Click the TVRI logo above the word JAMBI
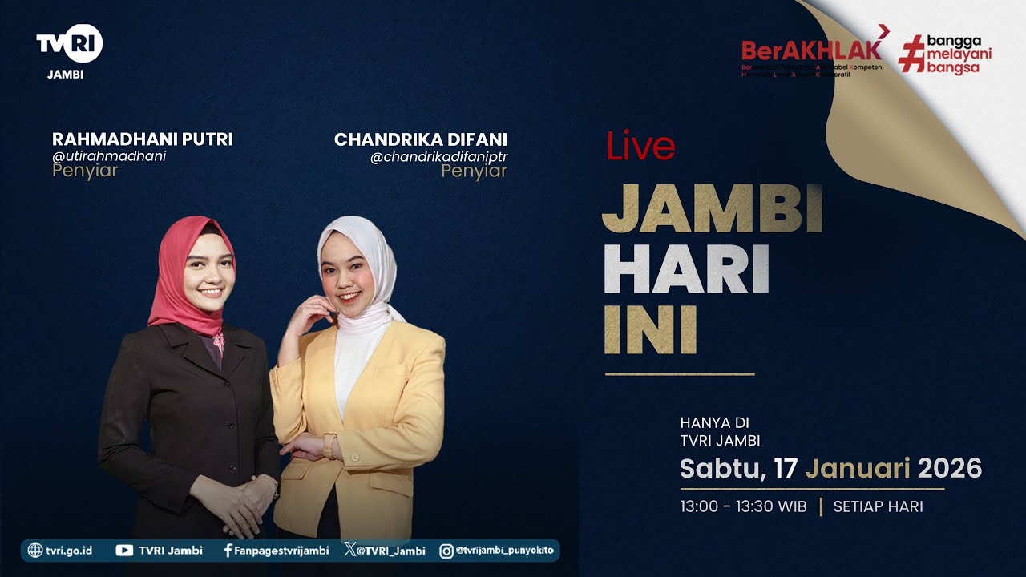(70, 43)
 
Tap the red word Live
(640, 147)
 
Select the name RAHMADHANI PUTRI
(143, 139)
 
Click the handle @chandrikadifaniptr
(438, 156)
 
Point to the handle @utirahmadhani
(109, 156)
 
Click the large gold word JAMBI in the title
(713, 210)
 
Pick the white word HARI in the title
(686, 271)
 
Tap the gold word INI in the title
(650, 330)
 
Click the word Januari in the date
(857, 468)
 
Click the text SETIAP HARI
(878, 506)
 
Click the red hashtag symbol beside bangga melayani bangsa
(911, 54)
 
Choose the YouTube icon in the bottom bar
(124, 551)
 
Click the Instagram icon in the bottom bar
(446, 551)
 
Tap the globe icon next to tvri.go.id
(34, 551)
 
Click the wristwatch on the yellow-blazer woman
(329, 446)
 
